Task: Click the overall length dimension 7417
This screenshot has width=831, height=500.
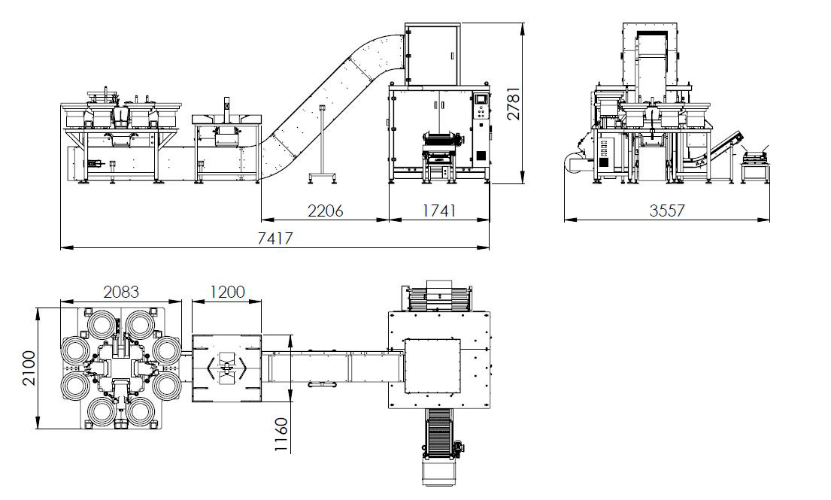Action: pos(275,238)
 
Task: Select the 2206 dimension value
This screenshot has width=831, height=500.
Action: pos(325,211)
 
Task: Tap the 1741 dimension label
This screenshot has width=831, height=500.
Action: pos(439,211)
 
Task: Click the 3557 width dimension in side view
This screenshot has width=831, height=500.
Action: pos(667,211)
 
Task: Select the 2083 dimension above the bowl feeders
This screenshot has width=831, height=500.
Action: pos(121,291)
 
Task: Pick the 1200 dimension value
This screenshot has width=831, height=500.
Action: pos(226,291)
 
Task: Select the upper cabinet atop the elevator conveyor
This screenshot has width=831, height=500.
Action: pos(432,55)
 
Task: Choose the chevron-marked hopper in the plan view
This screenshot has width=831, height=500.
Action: pos(226,368)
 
